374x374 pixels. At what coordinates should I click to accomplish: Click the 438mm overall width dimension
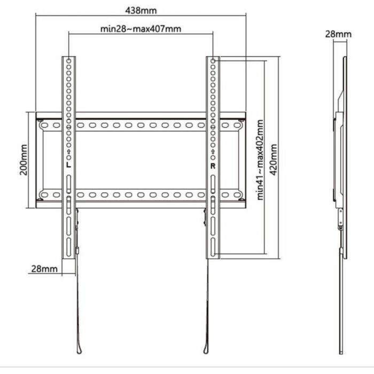click(x=141, y=10)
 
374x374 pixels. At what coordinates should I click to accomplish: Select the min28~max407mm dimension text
click(x=141, y=29)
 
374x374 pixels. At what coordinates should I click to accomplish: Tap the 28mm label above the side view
click(x=338, y=34)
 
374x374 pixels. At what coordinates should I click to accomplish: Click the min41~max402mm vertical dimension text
click(x=260, y=160)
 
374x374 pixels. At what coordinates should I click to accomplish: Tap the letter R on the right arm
click(x=213, y=166)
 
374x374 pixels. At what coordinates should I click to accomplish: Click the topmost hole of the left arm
click(x=69, y=61)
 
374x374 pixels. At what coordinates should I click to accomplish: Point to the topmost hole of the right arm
click(x=213, y=61)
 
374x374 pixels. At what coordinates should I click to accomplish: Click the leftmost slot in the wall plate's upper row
click(x=45, y=126)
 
